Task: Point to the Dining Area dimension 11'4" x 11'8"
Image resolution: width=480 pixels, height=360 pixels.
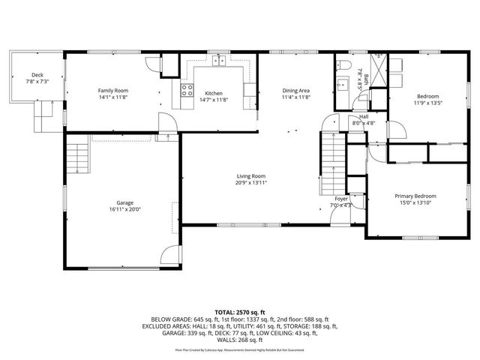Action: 295,97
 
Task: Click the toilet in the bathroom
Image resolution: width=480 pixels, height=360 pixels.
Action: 342,63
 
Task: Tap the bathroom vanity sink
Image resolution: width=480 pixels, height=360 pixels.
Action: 342,84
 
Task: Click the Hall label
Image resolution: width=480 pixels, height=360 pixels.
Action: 363,116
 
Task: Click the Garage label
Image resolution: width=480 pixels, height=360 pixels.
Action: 124,203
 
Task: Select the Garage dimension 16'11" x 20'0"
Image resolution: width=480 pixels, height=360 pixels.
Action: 124,210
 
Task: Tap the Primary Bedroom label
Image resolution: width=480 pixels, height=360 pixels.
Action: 415,196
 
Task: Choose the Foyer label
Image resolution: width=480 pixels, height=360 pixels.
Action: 341,199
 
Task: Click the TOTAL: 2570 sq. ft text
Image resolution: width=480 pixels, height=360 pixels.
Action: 239,311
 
